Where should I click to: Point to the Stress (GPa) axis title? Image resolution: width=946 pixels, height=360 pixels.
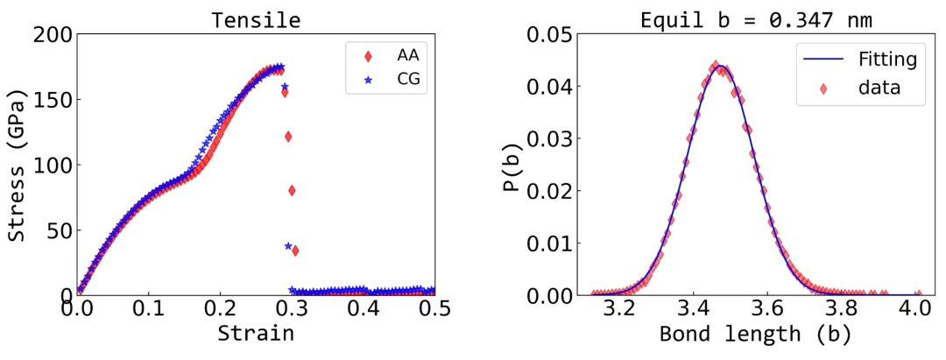tap(18, 166)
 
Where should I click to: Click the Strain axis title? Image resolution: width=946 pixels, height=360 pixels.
tap(255, 334)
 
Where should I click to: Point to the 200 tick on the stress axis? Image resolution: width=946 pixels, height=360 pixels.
tap(52, 35)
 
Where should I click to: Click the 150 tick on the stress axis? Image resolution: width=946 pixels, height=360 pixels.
tap(52, 100)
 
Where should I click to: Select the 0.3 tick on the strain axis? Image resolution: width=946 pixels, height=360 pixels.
tap(291, 309)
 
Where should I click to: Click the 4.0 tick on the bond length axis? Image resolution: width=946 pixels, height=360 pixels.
tap(918, 309)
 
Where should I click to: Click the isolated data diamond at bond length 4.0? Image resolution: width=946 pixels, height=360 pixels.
tap(918, 294)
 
